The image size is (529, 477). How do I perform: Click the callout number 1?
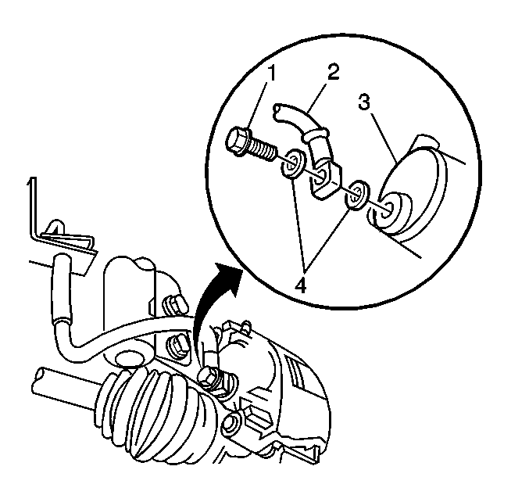pyautogui.click(x=271, y=74)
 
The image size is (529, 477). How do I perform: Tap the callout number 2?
pyautogui.click(x=333, y=72)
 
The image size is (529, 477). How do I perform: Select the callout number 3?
pyautogui.click(x=363, y=102)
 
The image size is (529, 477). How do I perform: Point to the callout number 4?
pyautogui.click(x=300, y=286)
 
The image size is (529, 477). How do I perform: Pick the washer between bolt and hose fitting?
pyautogui.click(x=291, y=163)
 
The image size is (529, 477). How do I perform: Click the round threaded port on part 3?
pyautogui.click(x=391, y=213)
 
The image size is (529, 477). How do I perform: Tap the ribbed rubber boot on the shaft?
pyautogui.click(x=159, y=419)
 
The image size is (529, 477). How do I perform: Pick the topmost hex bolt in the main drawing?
pyautogui.click(x=173, y=304)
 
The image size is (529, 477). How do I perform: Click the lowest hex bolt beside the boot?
pyautogui.click(x=231, y=423)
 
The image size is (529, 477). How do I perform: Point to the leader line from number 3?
pyautogui.click(x=384, y=138)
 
